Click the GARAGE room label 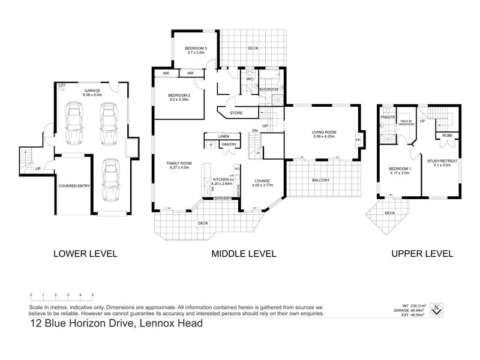tap(92, 90)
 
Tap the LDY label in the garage tap(61, 85)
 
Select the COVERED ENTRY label tap(74, 186)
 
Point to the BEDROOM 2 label tap(179, 95)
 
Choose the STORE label tap(236, 112)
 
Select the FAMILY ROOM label tap(179, 163)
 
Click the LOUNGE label tap(262, 181)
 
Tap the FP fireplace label tap(358, 141)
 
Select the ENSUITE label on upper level tap(387, 118)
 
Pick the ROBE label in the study tap(447, 136)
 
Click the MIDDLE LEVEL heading tap(244, 254)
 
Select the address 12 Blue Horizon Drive tap(116, 324)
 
